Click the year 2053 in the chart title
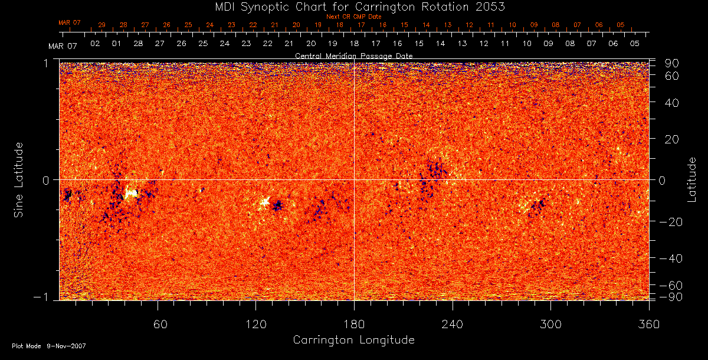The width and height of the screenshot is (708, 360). click(490, 6)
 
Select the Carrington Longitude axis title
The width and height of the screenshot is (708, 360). click(353, 340)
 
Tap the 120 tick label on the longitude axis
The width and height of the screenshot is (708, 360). click(255, 324)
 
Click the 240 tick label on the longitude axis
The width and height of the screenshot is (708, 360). click(453, 324)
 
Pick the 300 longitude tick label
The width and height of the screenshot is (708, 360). click(550, 324)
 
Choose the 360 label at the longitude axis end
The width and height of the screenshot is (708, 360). click(648, 324)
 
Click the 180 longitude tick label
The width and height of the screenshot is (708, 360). click(354, 324)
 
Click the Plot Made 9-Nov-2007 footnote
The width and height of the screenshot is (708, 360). click(49, 346)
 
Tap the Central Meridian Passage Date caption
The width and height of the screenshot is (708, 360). click(354, 55)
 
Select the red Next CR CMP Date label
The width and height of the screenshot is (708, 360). click(354, 17)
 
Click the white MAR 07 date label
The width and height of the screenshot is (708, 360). click(63, 46)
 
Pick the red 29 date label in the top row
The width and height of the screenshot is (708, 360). click(101, 25)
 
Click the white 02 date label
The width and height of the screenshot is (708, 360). click(94, 44)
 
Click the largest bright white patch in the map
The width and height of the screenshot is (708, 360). click(131, 192)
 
